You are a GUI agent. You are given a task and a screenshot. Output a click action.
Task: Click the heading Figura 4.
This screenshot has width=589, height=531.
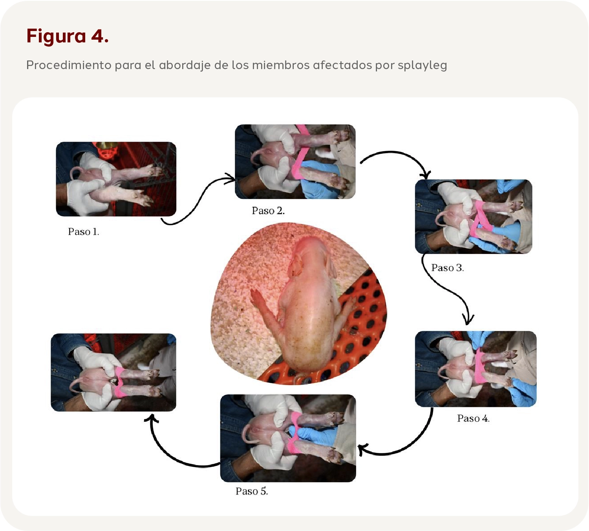68,36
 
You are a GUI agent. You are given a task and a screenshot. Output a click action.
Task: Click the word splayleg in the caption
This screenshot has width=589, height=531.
422,65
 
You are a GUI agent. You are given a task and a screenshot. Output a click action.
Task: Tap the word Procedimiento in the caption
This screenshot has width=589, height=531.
69,65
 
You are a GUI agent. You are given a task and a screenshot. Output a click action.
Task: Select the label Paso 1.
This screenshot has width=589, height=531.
83,232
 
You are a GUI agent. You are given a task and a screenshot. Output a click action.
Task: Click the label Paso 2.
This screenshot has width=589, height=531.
268,210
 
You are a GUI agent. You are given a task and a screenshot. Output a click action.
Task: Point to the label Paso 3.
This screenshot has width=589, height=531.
447,267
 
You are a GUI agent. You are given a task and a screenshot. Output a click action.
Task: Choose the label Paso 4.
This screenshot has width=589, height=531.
473,418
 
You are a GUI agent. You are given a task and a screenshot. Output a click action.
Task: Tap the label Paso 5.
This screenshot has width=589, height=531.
252,491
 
